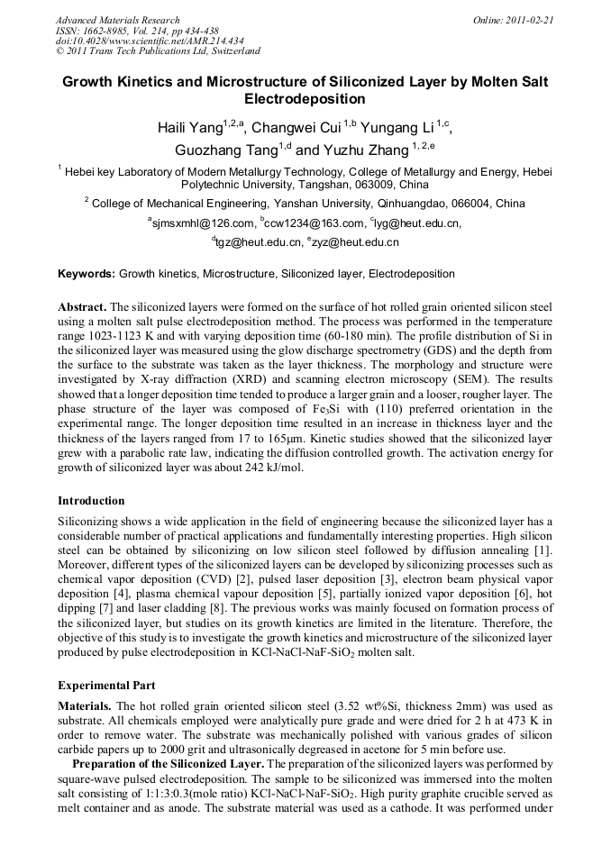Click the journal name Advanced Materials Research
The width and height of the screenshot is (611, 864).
[x=117, y=20]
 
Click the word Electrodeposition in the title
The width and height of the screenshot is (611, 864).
[x=305, y=99]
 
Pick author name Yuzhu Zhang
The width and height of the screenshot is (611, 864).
[x=365, y=150]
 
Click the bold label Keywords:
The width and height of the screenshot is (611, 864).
[x=87, y=274]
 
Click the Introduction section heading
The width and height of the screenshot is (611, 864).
[x=91, y=500]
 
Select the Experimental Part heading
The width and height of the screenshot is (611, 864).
[x=106, y=686]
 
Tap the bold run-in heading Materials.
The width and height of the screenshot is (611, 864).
[x=86, y=706]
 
